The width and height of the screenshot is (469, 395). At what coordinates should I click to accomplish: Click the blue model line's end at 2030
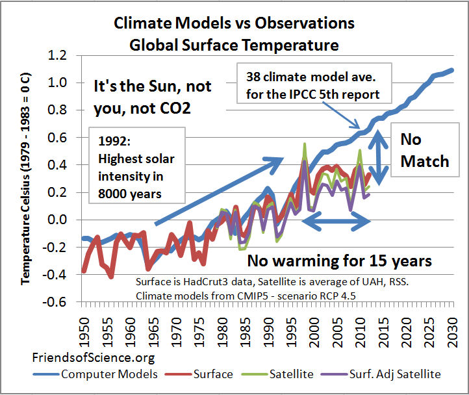click(453, 70)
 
